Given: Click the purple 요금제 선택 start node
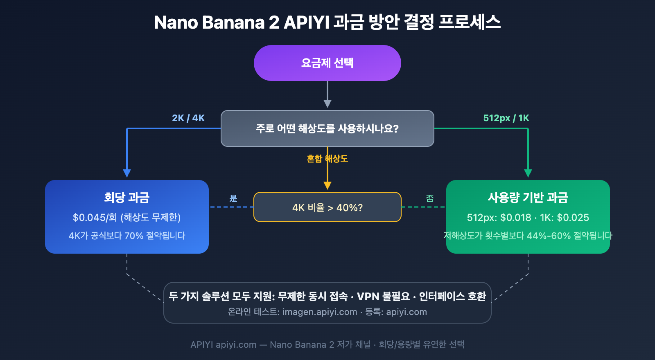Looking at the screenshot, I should click(x=327, y=63).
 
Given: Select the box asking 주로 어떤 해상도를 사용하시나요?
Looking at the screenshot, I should click(x=327, y=128).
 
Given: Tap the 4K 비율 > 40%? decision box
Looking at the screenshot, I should click(x=327, y=207).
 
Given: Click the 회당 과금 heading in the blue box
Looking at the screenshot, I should click(x=126, y=198).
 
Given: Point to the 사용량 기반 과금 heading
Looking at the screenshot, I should click(x=528, y=198).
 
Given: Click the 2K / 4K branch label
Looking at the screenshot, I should click(x=188, y=118).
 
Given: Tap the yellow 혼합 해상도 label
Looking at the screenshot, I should click(x=327, y=159).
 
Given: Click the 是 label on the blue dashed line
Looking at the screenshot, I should click(x=233, y=198).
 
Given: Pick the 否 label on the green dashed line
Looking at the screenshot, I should click(x=429, y=198).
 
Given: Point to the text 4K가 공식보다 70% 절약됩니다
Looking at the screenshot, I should click(x=127, y=236).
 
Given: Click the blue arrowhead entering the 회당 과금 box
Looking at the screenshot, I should click(x=127, y=173).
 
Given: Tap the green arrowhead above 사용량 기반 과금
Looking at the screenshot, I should click(x=528, y=173).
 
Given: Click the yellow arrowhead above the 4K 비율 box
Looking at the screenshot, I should click(x=327, y=185).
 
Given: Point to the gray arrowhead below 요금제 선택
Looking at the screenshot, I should click(x=327, y=103).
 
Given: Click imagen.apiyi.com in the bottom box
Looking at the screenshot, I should click(x=320, y=312).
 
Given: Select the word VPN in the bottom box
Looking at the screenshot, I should click(x=368, y=296).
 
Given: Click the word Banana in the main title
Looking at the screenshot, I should click(x=233, y=22).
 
